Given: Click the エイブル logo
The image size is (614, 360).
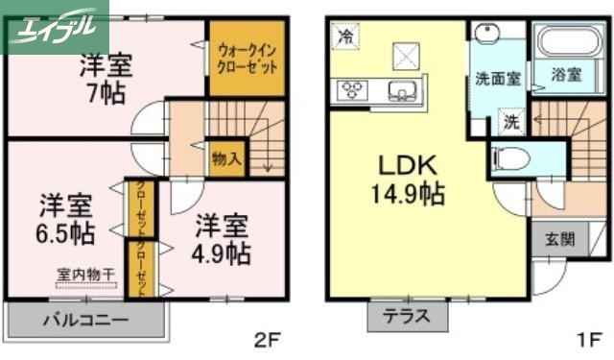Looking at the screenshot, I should (x=54, y=26).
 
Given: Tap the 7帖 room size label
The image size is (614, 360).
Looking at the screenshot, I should (x=106, y=96).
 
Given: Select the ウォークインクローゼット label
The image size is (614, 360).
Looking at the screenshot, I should (x=248, y=59).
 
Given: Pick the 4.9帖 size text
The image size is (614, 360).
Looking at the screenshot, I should (x=224, y=253).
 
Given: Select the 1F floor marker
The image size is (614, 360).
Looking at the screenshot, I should (x=589, y=338).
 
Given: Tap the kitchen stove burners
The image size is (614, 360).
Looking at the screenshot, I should (x=350, y=92).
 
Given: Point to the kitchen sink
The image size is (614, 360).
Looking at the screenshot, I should (x=400, y=92).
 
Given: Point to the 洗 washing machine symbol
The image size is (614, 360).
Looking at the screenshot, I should (x=512, y=123).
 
